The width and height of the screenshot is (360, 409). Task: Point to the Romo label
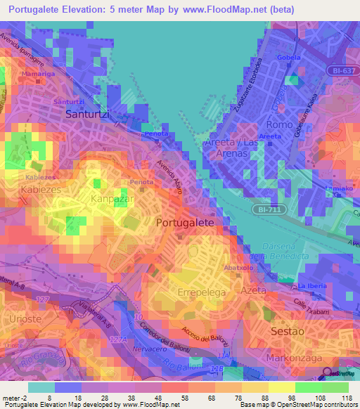click(x=280, y=124)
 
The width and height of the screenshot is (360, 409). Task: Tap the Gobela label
click(x=289, y=58)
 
